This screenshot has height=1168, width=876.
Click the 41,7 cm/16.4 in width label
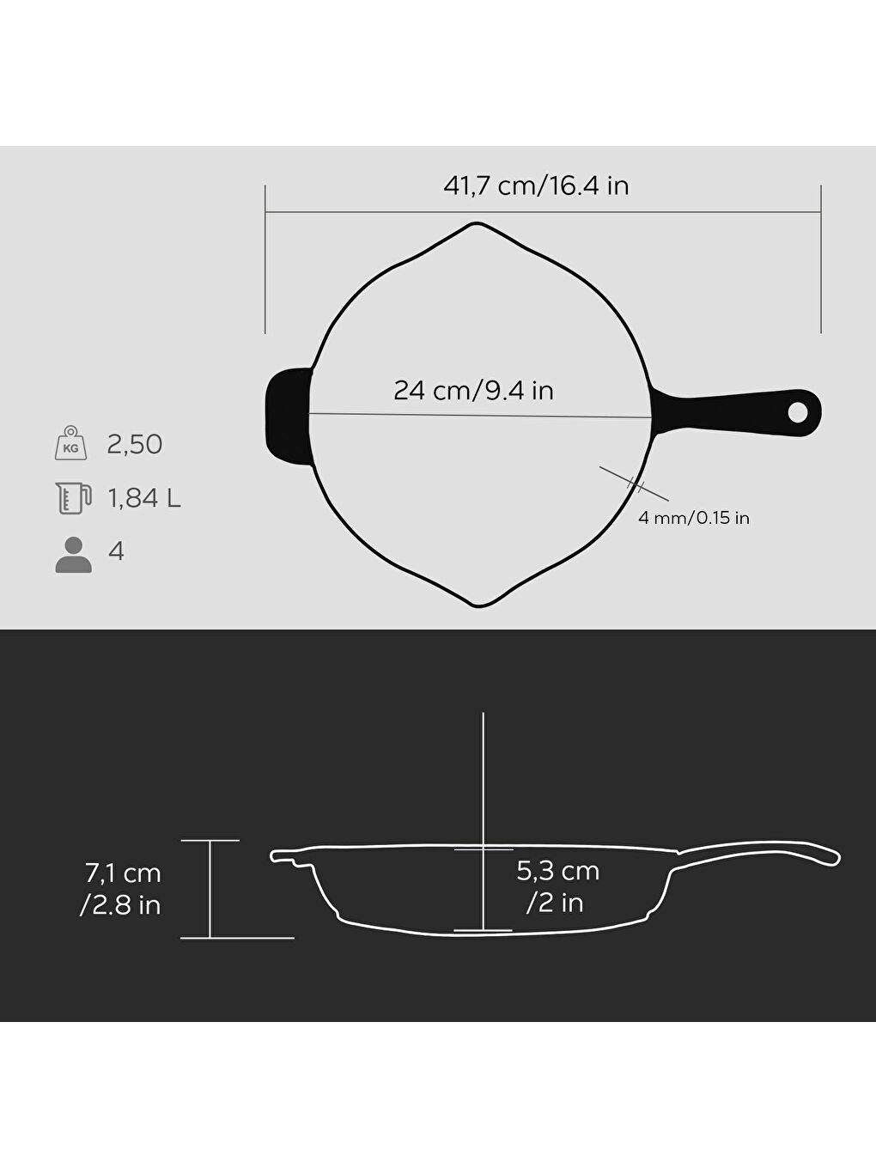536,186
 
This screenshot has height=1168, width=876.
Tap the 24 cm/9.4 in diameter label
473,391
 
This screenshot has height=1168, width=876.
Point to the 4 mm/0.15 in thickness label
693,518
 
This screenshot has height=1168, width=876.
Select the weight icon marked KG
70,443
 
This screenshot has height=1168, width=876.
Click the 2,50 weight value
134,444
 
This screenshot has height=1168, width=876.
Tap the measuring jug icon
72,497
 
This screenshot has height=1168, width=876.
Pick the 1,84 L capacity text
143,498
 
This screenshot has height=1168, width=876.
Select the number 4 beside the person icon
116,551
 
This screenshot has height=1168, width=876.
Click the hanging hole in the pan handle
798,413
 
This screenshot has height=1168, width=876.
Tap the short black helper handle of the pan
287,416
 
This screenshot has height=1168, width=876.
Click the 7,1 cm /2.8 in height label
122,889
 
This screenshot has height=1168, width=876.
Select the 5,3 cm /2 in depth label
557,886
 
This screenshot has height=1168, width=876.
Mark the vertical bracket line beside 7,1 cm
210,889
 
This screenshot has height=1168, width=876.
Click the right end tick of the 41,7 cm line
821,259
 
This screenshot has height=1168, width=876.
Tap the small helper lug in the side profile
288,857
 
